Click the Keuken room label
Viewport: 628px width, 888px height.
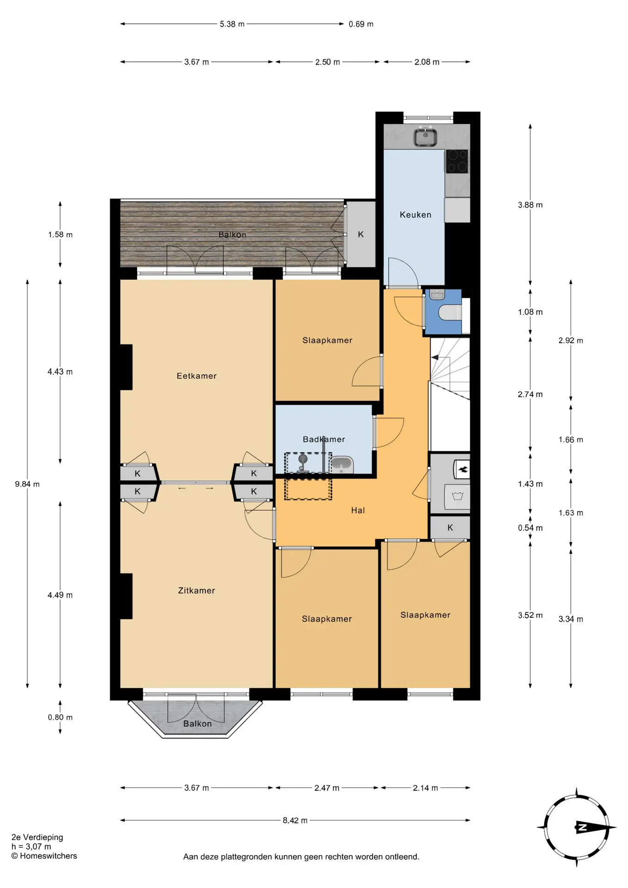[415, 215]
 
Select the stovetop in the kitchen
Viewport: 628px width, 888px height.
[457, 161]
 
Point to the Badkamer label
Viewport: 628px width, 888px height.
[324, 439]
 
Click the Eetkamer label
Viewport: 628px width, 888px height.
[197, 376]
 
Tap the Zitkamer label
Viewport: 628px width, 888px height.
[197, 591]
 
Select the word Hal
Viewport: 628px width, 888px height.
[358, 511]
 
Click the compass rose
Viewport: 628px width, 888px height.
[577, 827]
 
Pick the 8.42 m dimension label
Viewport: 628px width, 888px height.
[295, 820]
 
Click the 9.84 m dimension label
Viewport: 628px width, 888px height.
[27, 484]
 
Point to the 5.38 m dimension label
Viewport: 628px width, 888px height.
[232, 24]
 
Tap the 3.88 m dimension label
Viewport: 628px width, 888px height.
[530, 205]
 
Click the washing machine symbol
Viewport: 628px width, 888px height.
[457, 497]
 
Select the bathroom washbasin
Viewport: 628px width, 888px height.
[342, 465]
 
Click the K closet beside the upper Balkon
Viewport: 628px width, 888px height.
[361, 234]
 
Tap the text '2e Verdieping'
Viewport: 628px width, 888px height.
[37, 837]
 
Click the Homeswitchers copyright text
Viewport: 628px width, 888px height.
[44, 856]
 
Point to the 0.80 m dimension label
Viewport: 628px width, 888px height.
[60, 717]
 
